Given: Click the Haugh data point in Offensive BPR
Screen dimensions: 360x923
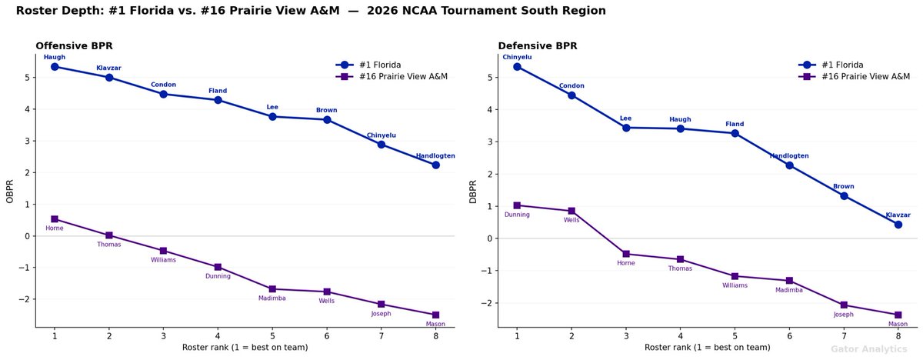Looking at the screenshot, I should point(55,67).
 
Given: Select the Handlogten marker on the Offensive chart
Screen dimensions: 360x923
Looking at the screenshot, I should point(436,165).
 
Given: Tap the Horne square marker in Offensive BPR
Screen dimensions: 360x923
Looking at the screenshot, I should point(55,219).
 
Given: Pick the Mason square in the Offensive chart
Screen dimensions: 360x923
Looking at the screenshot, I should point(436,315).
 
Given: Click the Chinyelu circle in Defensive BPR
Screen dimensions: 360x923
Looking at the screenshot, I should point(517,67).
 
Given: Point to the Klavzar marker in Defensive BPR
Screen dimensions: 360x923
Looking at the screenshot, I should point(898,225).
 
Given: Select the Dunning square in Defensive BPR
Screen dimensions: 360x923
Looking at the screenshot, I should point(517,205).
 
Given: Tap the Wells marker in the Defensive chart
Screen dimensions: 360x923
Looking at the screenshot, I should point(571,211).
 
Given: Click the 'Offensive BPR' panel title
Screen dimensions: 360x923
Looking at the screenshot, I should point(74,46).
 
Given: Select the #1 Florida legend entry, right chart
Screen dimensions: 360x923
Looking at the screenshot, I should point(853,65).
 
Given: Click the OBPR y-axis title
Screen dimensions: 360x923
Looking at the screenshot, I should point(10,191).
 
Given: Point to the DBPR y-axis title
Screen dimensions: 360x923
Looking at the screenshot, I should point(473,191).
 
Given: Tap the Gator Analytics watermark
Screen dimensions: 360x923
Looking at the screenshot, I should point(868,349).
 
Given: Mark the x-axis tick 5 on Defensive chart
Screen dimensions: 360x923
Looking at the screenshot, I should point(735,336).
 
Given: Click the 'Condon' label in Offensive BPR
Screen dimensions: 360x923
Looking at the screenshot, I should point(163,85).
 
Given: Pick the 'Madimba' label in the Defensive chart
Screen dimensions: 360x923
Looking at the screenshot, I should point(789,290).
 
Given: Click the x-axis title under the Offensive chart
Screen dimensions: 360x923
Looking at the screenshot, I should point(245,348).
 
